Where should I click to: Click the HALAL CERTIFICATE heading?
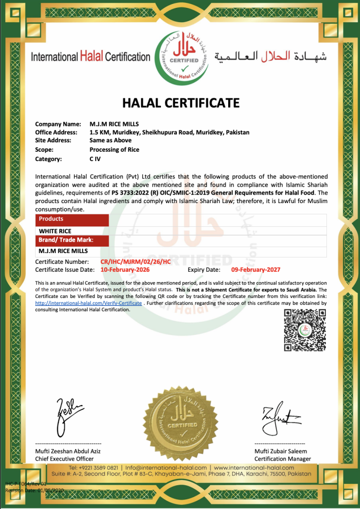coord(180,103)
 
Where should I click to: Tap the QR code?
coord(305,330)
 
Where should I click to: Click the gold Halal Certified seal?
coord(181,421)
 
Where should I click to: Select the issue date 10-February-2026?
coord(125,270)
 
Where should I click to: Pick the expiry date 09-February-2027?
coord(255,270)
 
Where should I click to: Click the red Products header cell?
coord(72,219)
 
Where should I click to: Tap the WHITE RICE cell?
coord(55,231)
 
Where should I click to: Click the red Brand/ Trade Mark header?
coord(72,240)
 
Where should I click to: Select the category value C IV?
coord(95,159)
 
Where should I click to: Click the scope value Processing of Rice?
coord(114,150)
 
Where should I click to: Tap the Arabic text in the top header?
coord(270,56)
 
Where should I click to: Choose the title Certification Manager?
coord(282,459)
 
